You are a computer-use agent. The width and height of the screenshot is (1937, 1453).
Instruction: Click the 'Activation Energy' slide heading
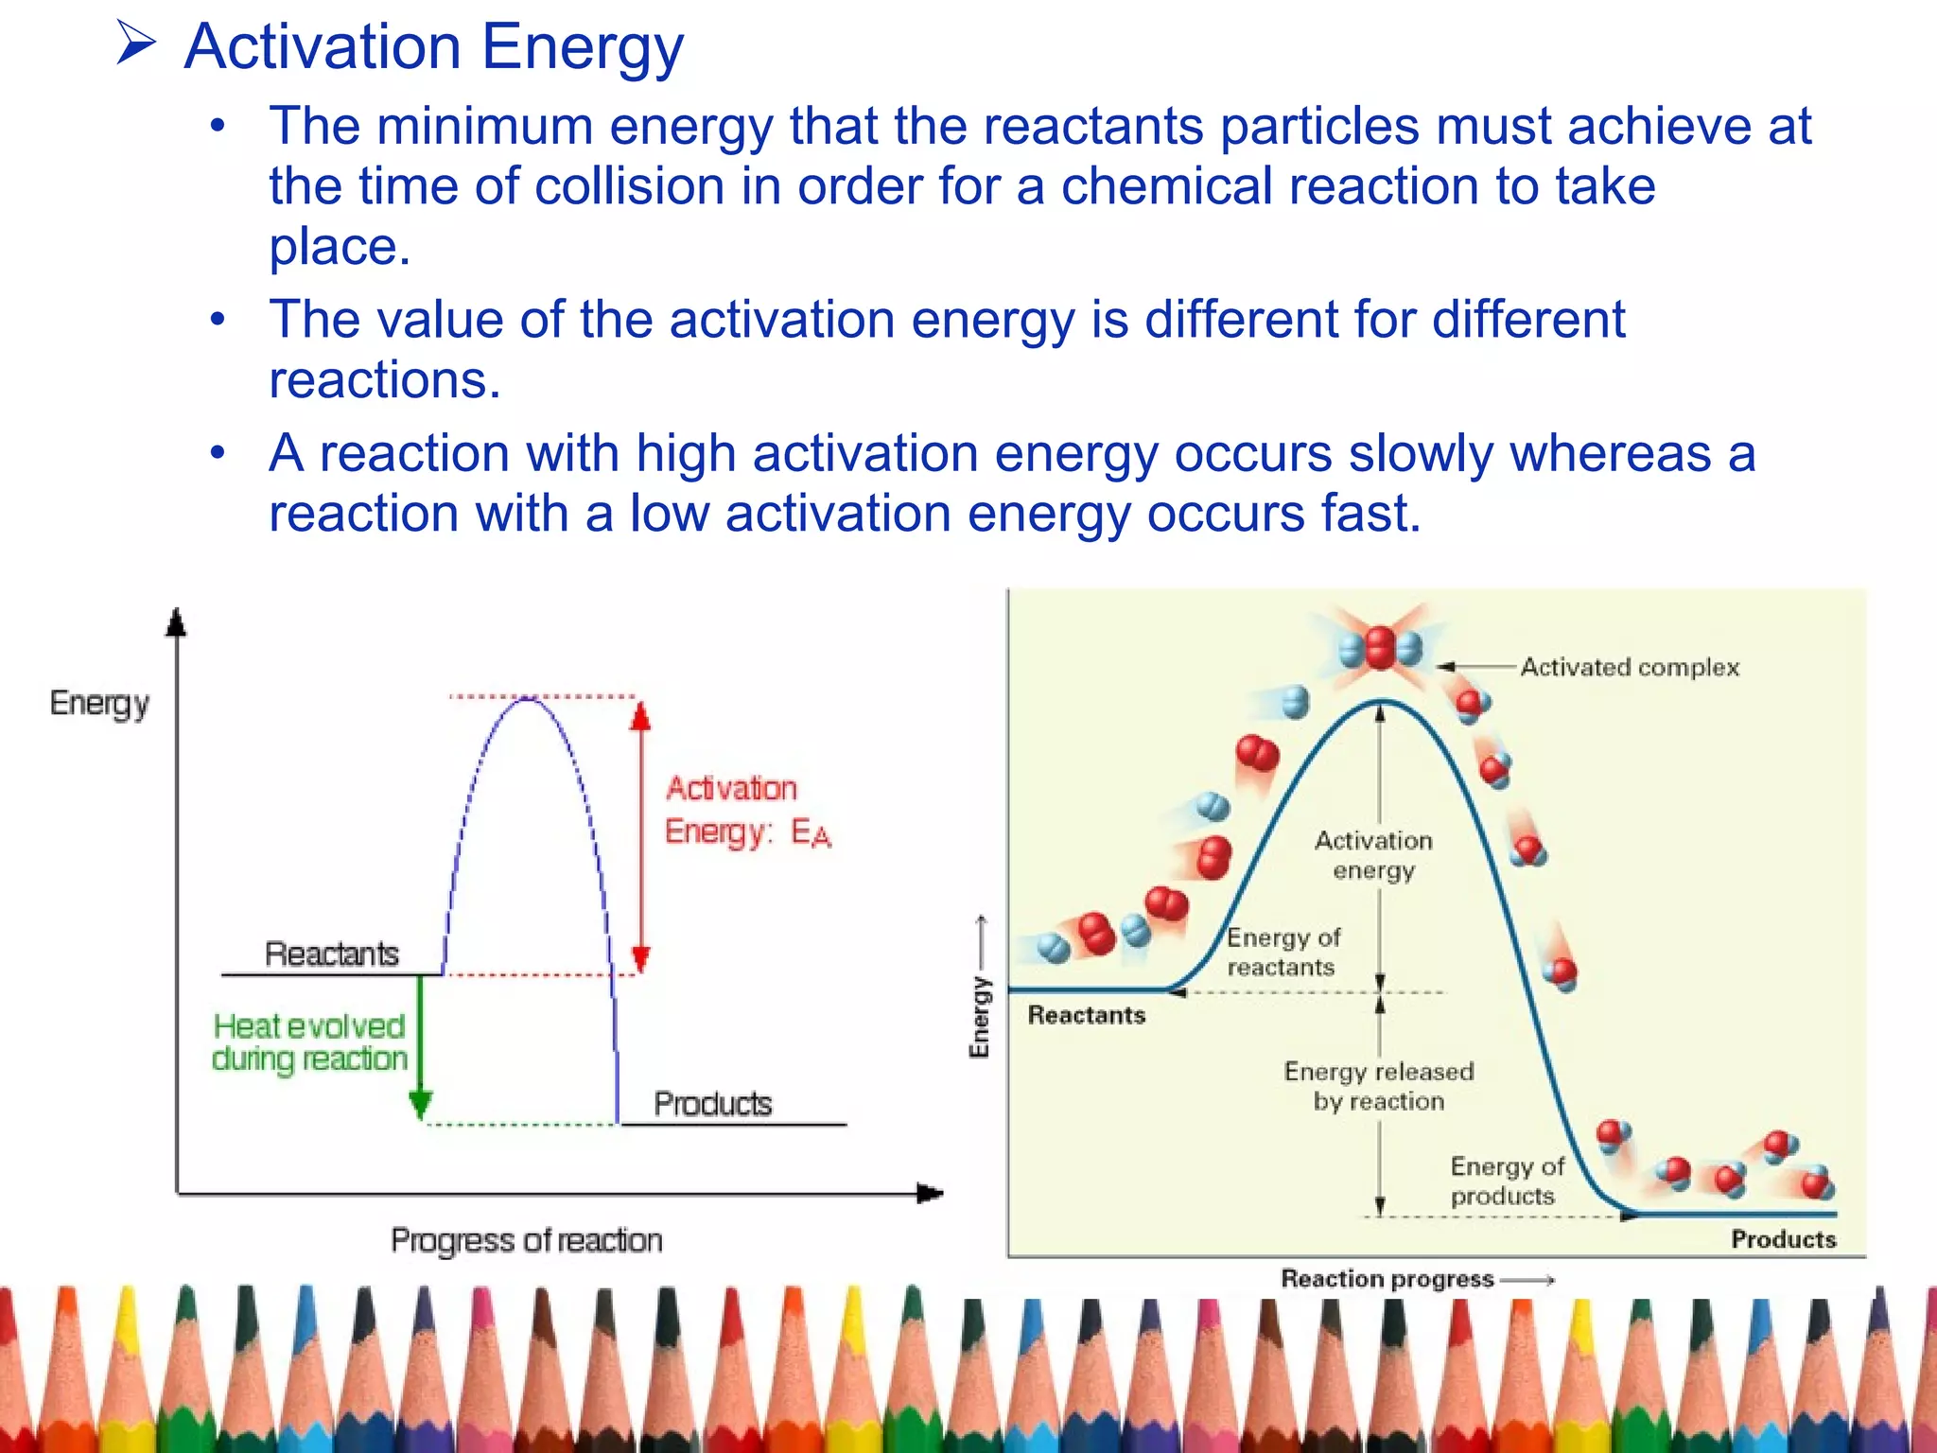[433, 47]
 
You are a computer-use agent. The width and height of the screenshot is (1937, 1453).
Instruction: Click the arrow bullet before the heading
[135, 44]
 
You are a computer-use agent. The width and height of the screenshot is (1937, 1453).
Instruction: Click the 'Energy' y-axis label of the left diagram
[99, 704]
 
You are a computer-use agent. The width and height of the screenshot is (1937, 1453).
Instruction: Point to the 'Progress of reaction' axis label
[526, 1240]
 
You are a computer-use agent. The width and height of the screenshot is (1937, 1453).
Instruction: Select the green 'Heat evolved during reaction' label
[309, 1042]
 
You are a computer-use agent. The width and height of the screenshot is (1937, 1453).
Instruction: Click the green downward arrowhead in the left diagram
[421, 1103]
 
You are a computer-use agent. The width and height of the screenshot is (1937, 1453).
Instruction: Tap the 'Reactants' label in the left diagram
[331, 954]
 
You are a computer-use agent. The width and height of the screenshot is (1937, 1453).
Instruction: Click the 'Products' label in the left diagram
[712, 1104]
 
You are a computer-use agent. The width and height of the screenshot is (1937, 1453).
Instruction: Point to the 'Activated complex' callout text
[1629, 667]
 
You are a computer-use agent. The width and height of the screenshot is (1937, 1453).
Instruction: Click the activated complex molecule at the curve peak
[1381, 648]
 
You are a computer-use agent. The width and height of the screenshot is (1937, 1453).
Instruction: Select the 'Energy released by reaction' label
[1378, 1086]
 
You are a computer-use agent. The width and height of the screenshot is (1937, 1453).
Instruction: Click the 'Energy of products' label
[1506, 1181]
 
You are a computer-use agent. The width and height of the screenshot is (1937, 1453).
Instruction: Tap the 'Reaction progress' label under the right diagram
[1387, 1279]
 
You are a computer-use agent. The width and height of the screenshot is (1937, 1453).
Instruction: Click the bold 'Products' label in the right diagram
[1783, 1239]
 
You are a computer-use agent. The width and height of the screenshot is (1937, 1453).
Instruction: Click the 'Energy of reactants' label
[1283, 952]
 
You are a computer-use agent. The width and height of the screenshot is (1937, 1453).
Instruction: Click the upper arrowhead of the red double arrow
[641, 717]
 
